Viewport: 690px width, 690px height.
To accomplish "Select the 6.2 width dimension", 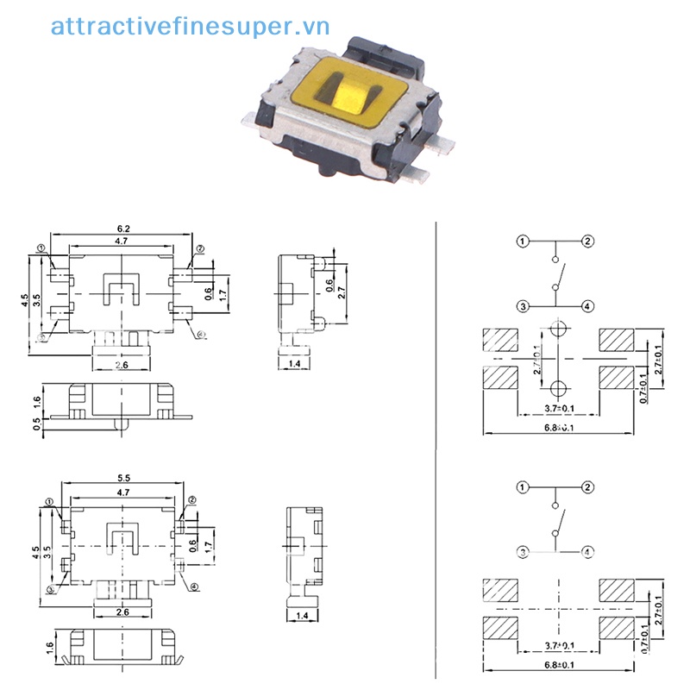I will [x=123, y=229].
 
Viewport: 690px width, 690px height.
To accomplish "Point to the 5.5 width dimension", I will [x=123, y=478].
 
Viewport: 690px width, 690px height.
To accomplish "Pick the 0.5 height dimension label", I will [x=35, y=423].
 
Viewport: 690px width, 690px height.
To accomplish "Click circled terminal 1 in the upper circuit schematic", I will [x=523, y=241].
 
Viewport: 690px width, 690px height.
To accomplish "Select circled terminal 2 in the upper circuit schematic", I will [x=587, y=241].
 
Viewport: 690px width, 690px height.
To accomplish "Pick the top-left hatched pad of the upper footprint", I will [x=500, y=341].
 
